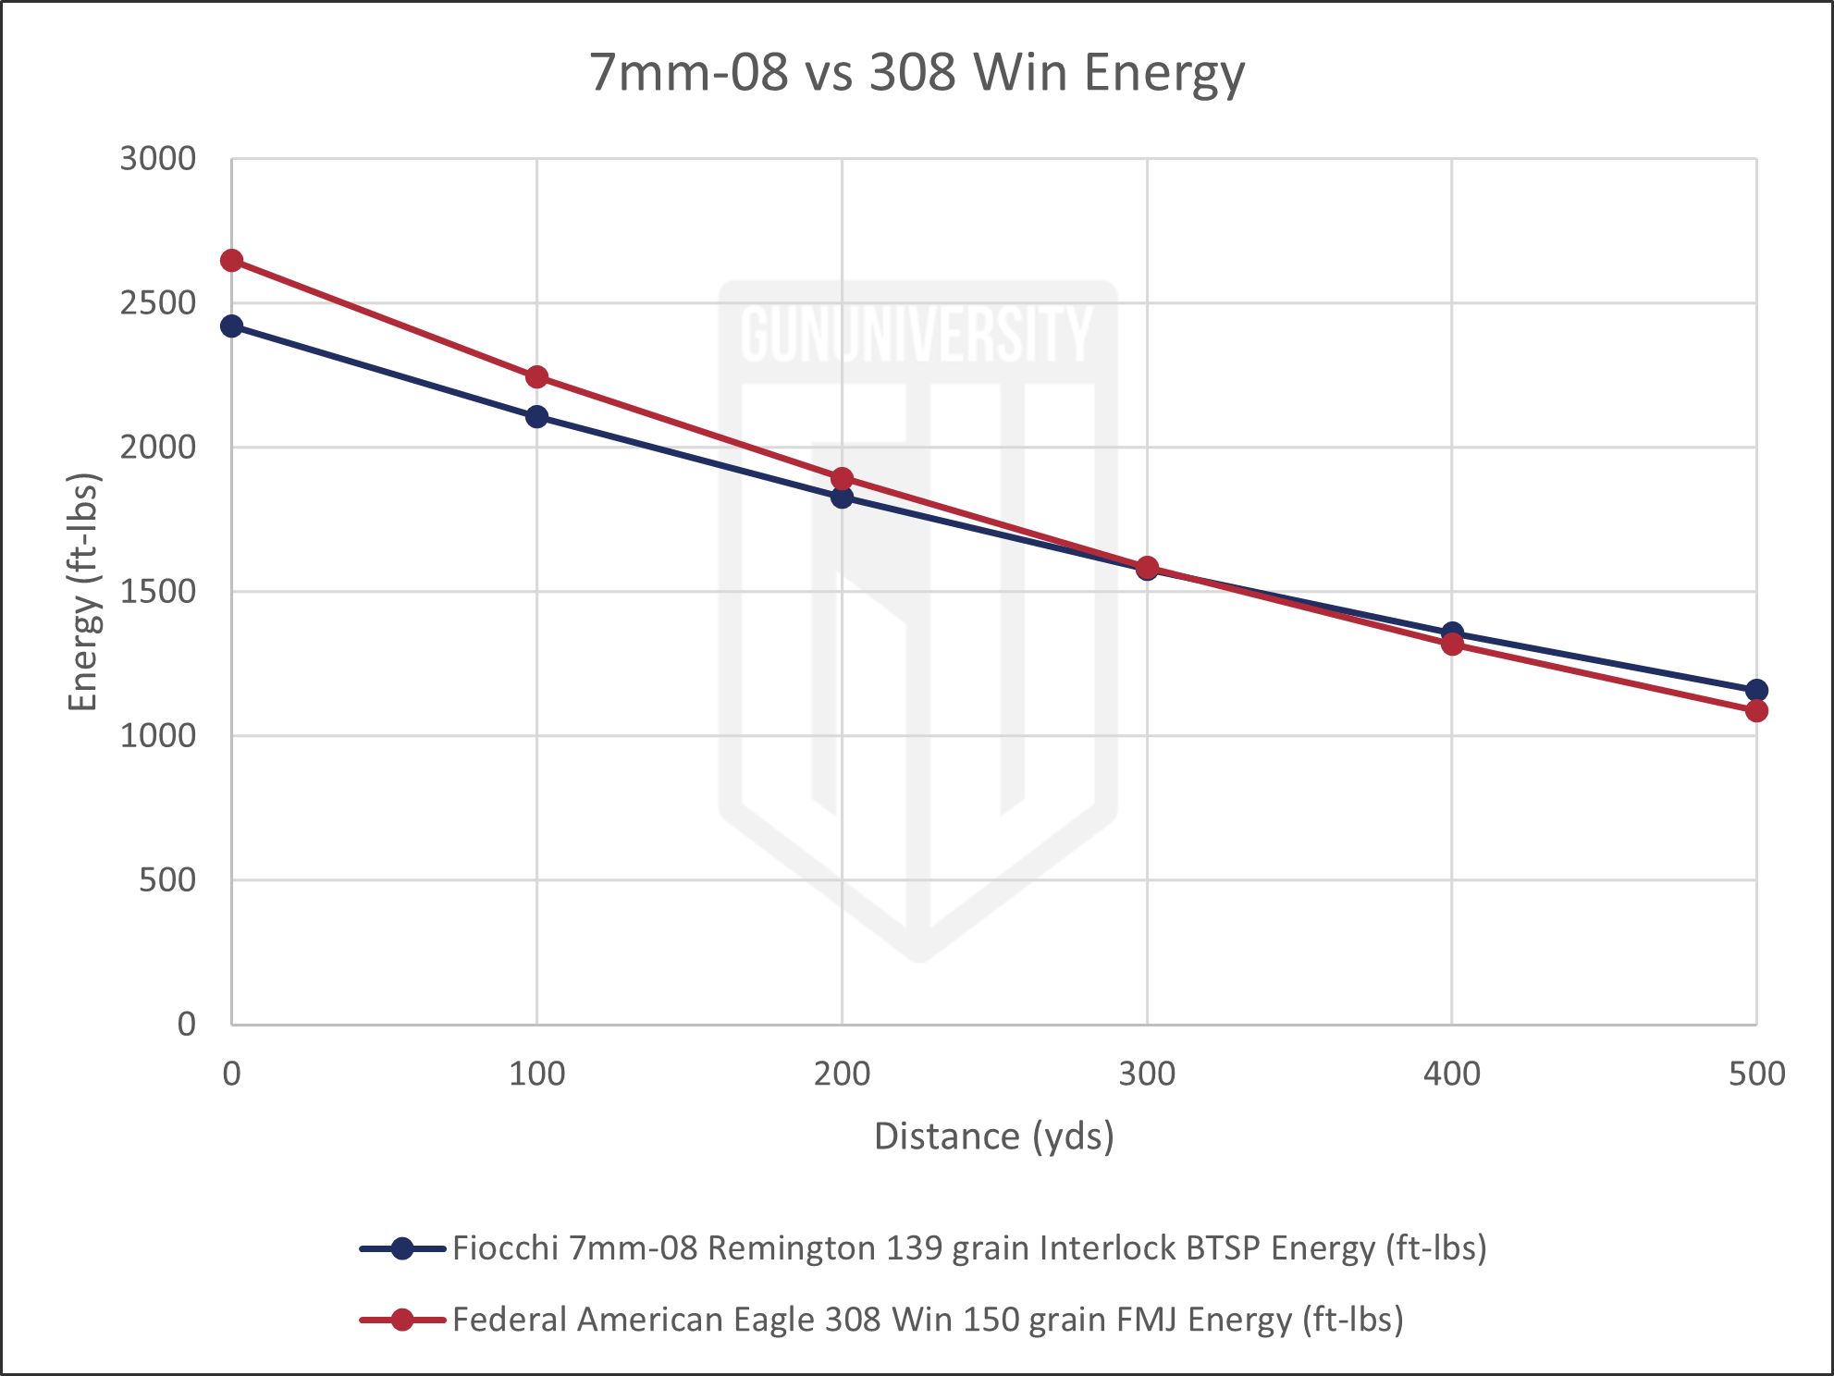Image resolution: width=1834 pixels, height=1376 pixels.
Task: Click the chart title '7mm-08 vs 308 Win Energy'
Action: point(917,73)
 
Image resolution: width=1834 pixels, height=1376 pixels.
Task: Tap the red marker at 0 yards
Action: point(231,261)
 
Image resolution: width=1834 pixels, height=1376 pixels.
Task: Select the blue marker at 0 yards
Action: point(231,326)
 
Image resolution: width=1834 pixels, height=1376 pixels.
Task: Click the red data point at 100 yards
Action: point(536,377)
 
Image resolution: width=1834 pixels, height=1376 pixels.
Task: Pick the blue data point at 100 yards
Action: point(536,417)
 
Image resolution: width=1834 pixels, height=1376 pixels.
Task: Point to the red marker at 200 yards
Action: point(842,479)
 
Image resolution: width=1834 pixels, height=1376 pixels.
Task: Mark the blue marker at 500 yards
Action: point(1756,690)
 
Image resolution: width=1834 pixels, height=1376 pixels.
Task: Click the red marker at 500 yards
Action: point(1756,710)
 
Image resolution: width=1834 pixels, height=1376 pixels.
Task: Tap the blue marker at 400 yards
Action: point(1452,633)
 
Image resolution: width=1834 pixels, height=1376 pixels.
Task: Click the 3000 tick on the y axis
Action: point(158,159)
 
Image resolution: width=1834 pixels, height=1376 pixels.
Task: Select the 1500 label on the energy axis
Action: point(158,592)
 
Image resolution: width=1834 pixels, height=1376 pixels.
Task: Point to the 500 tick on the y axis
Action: point(167,880)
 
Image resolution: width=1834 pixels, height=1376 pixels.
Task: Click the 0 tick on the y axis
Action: point(187,1024)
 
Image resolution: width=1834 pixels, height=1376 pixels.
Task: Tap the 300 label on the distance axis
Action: point(1147,1074)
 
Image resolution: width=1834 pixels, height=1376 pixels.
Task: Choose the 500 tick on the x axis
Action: point(1756,1074)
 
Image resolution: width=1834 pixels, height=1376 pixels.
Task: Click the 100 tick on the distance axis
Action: point(536,1074)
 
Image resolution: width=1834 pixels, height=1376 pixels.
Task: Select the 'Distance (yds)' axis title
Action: point(993,1136)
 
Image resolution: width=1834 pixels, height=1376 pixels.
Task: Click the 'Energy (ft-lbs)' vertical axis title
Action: point(83,592)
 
